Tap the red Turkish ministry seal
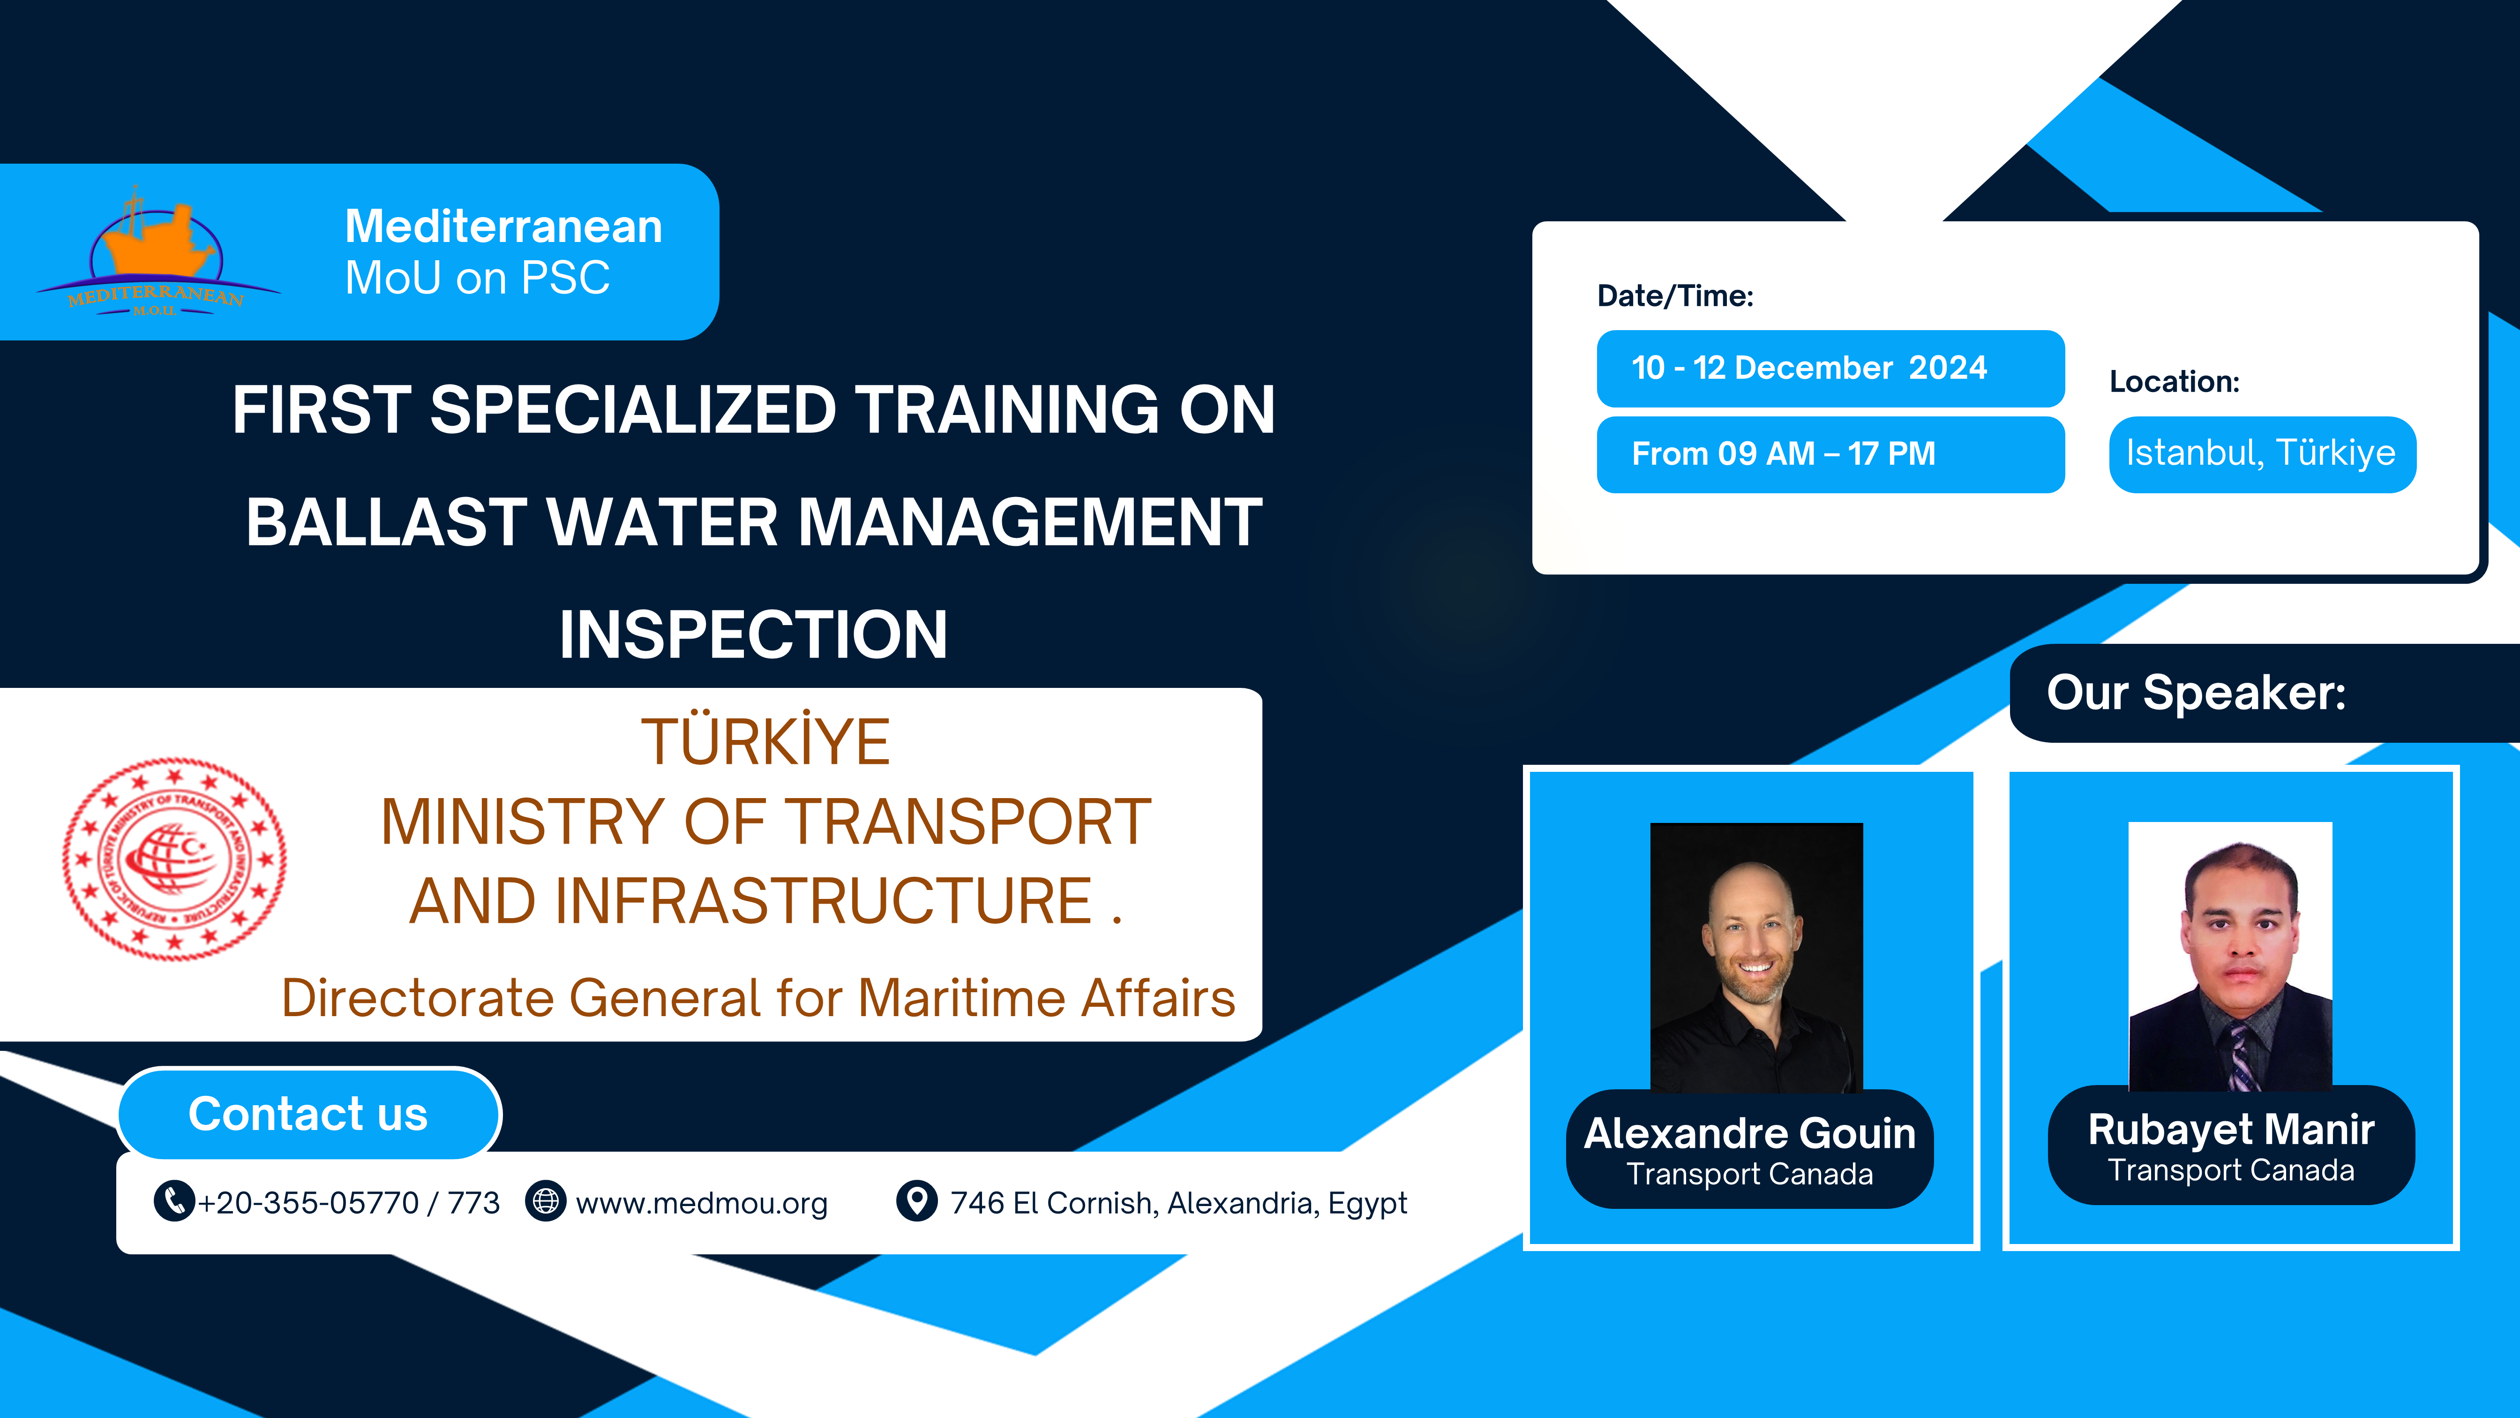(x=174, y=858)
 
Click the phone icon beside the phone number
(x=173, y=1201)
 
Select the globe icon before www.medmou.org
(x=546, y=1201)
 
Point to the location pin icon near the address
(x=916, y=1201)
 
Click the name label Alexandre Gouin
(x=1749, y=1133)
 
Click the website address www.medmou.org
(x=701, y=1203)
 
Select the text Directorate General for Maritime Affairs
(x=758, y=998)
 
